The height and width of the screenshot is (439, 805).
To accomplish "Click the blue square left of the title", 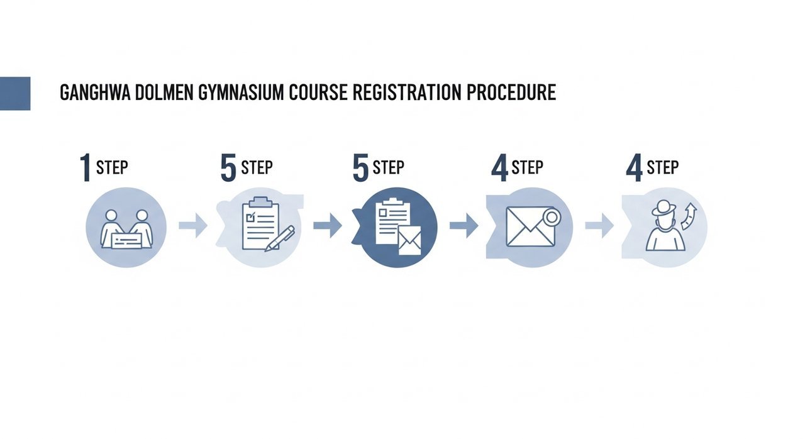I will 15,93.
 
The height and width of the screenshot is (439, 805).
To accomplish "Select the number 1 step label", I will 85,168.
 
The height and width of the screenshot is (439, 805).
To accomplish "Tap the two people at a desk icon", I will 126,228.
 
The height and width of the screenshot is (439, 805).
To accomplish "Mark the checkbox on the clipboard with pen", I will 250,216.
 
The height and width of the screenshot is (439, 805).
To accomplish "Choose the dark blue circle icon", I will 397,227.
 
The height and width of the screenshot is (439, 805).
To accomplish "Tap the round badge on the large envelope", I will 552,218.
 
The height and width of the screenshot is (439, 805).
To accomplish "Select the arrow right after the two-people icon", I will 193,225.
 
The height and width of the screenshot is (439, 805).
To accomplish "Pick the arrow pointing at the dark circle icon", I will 327,225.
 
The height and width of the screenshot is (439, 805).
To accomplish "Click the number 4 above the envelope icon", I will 499,168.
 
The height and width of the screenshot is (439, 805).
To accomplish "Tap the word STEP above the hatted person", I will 663,168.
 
